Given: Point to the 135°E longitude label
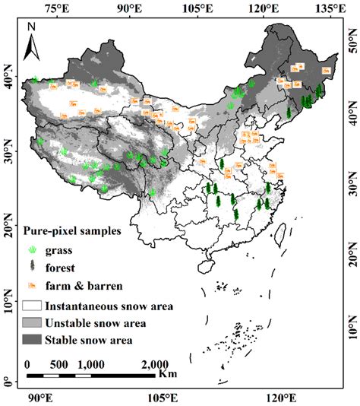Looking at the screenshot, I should [x=331, y=7].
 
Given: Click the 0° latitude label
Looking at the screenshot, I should [x=8, y=379].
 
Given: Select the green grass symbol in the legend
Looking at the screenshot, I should [x=31, y=249].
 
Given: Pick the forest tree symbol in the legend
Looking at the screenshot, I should [x=31, y=267].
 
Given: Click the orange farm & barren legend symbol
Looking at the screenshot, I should [x=31, y=286].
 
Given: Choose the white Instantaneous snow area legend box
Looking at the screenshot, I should [x=32, y=306].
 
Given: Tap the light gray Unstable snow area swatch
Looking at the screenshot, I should [x=32, y=323].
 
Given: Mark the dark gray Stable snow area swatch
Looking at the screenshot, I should [x=32, y=340].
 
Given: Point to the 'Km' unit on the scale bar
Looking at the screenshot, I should [x=168, y=374].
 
